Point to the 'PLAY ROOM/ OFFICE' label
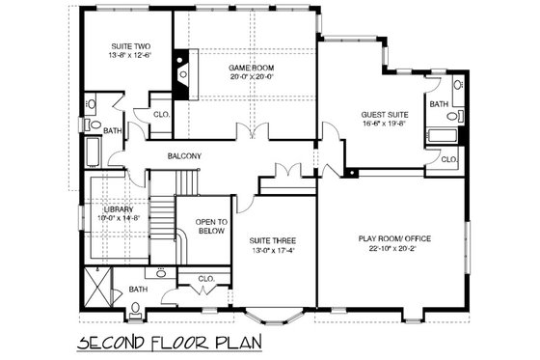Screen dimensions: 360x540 pos(393,238)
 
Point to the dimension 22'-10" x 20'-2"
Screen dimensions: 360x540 pos(393,249)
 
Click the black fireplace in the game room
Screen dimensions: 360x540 pos(180,73)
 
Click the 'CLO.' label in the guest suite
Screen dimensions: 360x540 pos(448,160)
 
